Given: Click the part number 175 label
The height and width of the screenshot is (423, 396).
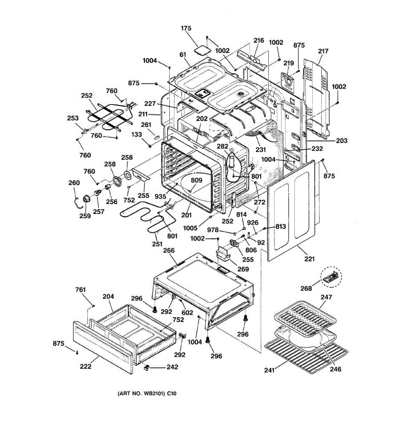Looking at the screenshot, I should (x=186, y=28).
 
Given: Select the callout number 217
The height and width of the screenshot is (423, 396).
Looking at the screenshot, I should (x=323, y=51).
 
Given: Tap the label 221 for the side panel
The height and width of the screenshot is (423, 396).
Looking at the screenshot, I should (x=309, y=259).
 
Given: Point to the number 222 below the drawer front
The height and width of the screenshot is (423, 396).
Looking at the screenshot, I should (x=86, y=367).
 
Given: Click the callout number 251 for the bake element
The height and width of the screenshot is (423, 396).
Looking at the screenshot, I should (x=157, y=244).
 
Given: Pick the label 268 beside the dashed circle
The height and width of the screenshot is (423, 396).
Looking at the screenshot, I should (x=306, y=288).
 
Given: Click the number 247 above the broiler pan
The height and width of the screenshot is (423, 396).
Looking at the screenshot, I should (x=326, y=297).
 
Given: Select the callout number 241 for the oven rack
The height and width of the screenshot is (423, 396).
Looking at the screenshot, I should (x=270, y=370).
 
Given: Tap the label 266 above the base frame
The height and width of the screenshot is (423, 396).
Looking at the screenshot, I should (x=169, y=250).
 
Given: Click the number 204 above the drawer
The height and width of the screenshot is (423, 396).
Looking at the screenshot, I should (x=108, y=296).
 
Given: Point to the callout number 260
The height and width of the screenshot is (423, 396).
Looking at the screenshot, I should (x=74, y=183).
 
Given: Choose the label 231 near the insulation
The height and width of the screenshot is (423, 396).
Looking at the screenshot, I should (x=261, y=149).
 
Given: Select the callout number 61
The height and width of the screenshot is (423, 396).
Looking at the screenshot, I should (x=183, y=55).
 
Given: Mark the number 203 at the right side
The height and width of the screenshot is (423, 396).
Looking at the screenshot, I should (x=341, y=141).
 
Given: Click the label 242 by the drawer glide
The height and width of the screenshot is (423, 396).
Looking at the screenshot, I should (x=172, y=367).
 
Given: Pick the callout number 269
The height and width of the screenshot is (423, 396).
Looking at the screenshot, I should (x=243, y=269).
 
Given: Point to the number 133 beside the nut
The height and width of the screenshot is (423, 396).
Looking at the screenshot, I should (x=137, y=134).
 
